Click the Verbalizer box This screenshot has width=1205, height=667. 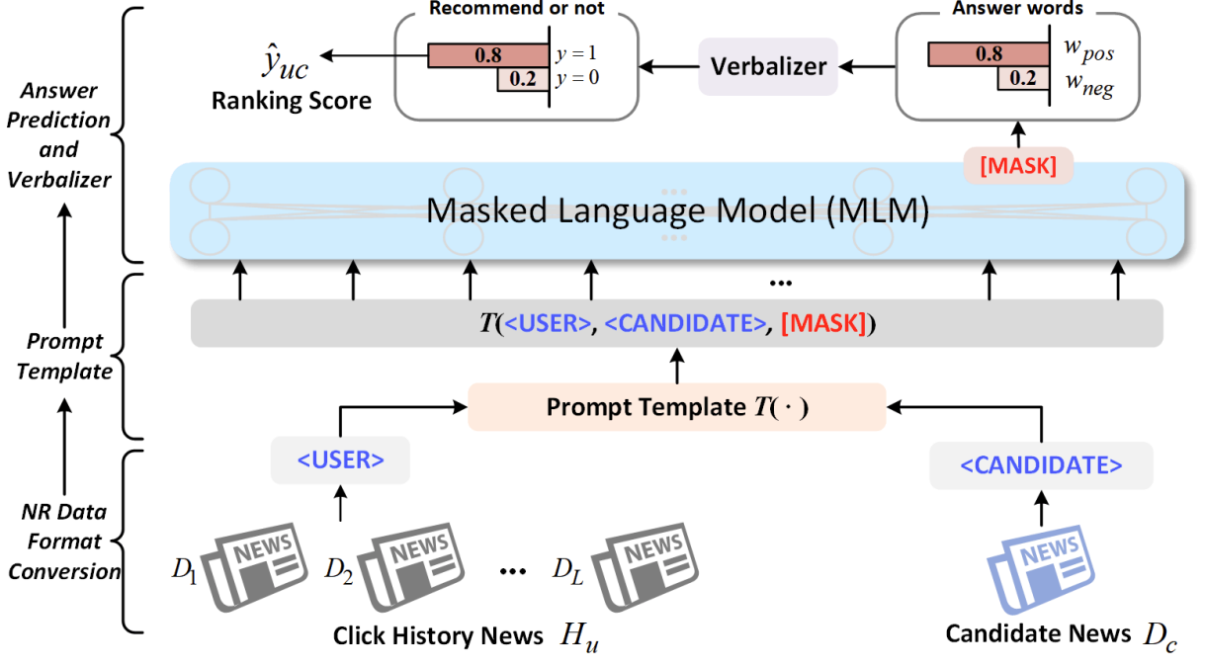768,67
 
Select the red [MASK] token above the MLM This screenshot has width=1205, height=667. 1017,166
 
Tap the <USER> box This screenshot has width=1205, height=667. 340,459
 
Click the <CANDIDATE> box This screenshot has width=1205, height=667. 1041,464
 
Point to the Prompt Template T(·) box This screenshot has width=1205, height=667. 677,407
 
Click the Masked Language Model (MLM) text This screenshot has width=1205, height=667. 677,211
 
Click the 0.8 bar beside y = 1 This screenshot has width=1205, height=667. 487,55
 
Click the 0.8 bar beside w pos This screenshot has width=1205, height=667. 988,55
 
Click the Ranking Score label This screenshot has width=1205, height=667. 292,100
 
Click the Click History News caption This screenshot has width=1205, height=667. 437,635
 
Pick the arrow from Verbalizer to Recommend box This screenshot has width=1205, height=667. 667,67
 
